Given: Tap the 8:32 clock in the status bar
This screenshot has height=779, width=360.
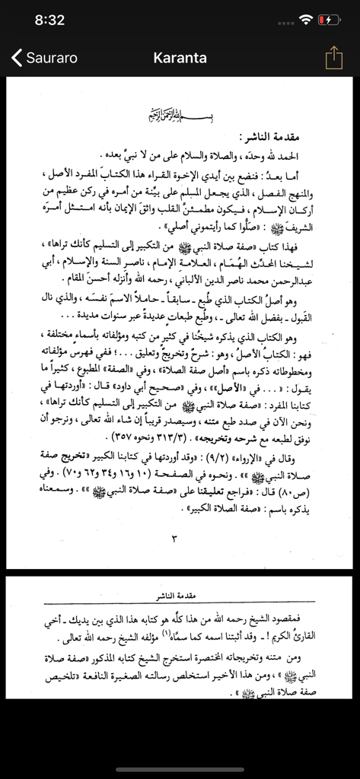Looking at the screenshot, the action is [x=49, y=20].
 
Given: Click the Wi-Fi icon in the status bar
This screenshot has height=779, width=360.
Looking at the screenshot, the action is [x=306, y=20].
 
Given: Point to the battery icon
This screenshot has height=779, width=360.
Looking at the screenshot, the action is [x=329, y=20].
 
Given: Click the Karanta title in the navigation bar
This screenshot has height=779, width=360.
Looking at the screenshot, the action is [x=180, y=58].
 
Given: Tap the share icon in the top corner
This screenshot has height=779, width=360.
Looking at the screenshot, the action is [x=333, y=58].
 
